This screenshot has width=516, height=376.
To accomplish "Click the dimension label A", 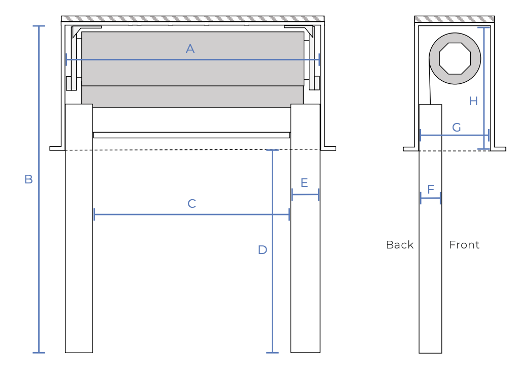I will click(x=190, y=49).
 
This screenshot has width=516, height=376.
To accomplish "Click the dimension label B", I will click(x=28, y=179).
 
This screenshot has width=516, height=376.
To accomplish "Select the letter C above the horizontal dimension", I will click(x=191, y=204).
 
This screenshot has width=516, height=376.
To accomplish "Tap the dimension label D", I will click(x=262, y=250).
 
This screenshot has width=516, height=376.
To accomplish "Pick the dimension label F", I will click(x=431, y=190).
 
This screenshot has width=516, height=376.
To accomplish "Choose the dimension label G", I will click(x=457, y=128).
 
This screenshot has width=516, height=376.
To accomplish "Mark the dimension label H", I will click(x=473, y=101).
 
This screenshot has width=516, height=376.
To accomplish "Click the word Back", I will click(x=400, y=245).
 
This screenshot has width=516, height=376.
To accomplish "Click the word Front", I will click(x=464, y=245).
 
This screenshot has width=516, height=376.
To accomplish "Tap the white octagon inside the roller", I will click(x=455, y=58).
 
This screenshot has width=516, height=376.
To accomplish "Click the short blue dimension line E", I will click(x=305, y=195).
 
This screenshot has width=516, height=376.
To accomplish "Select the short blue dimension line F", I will click(x=431, y=198).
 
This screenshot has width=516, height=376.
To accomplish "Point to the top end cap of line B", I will click(x=39, y=26).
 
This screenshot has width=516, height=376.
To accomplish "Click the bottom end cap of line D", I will click(x=272, y=353).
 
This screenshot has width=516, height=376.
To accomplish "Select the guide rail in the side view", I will click(x=430, y=279).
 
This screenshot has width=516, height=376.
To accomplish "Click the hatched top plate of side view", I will click(x=454, y=19).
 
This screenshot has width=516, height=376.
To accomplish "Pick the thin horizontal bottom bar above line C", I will click(x=191, y=135).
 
